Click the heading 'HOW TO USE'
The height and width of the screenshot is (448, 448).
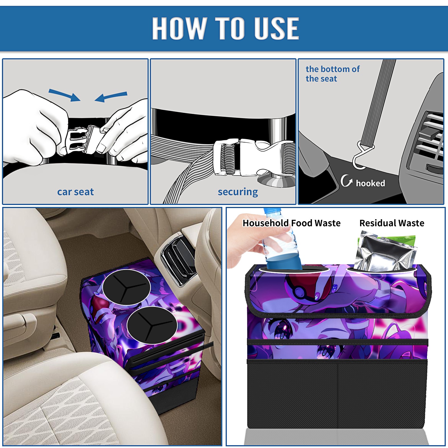pos(225,28)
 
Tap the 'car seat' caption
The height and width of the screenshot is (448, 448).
pos(75,192)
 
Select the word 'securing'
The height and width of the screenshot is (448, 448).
pos(238,192)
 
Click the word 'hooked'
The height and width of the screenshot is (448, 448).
pos(370,183)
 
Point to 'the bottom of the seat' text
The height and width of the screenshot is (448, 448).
pos(332,74)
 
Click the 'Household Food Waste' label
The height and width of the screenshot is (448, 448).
pos(291,223)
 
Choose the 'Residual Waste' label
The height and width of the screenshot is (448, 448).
pos(392,223)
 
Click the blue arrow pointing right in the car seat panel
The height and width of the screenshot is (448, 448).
pos(64,95)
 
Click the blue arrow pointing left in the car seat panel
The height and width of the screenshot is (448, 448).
pos(111,97)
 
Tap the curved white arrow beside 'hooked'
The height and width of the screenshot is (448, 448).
pos(346,181)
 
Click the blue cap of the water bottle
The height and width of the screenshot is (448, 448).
pos(272,211)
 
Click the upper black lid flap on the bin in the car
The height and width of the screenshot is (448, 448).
pos(126,287)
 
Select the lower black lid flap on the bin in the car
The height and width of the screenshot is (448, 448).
pos(152,325)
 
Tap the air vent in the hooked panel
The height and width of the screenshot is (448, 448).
pos(430,140)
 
